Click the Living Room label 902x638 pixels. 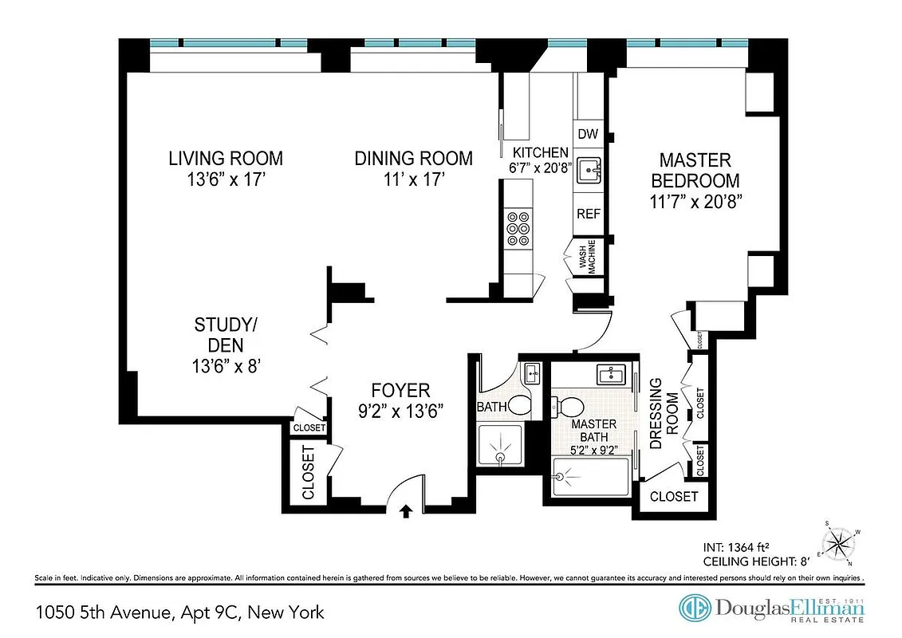pos(225,158)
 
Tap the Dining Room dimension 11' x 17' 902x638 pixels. pos(413,180)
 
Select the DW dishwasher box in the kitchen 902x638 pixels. pos(588,134)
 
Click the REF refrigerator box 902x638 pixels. pos(589,214)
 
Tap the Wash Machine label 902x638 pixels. pos(587,257)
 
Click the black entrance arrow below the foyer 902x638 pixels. pos(406,511)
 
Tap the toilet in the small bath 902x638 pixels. pos(519,406)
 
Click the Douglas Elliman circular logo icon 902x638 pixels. pos(695,608)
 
